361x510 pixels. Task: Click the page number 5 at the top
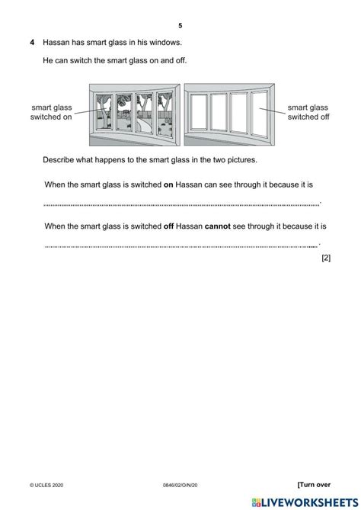tap(180, 26)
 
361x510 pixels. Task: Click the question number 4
tap(32, 42)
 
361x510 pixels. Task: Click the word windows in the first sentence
tap(165, 42)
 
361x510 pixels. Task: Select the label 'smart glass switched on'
tap(51, 112)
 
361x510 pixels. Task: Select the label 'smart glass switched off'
tap(308, 112)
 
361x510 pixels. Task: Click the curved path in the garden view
tap(144, 125)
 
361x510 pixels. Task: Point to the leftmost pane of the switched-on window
tap(104, 112)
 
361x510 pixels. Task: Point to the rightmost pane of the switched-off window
tap(259, 114)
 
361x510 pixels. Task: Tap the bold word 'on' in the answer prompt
tap(168, 184)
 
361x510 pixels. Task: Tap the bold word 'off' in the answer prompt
tap(168, 226)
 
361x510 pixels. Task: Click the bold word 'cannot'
tap(217, 226)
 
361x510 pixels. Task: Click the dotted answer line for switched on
tap(182, 205)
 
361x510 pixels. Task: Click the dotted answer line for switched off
tap(182, 246)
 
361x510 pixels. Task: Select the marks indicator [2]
tap(326, 258)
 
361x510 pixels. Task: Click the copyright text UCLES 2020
tap(46, 486)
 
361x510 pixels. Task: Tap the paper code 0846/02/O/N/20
tap(180, 486)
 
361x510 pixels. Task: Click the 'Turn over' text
tap(314, 485)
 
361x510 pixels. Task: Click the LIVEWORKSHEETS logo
tap(305, 502)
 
